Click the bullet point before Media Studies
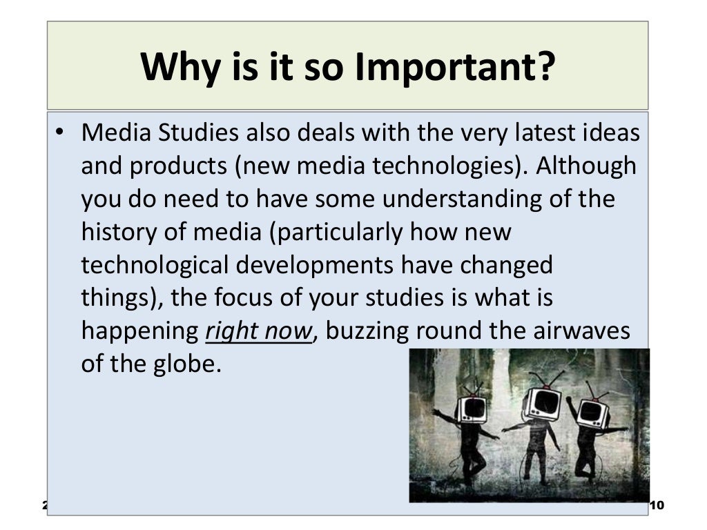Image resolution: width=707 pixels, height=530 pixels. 61,133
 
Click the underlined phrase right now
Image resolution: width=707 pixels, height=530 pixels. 260,331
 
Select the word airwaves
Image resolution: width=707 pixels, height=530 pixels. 579,331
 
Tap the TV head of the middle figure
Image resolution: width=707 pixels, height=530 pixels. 541,402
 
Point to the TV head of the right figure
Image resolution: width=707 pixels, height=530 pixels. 592,412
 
